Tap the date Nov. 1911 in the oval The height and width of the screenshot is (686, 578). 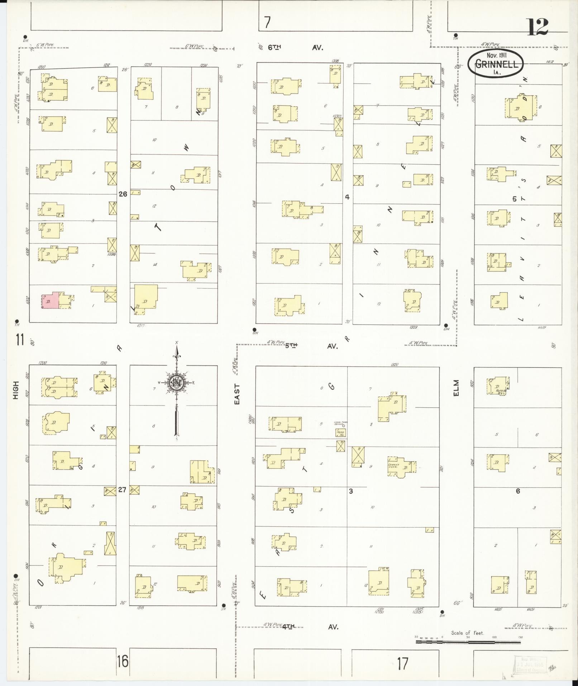pos(496,56)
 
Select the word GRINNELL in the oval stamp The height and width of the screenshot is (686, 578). pos(496,64)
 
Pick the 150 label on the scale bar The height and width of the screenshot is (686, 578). pos(520,637)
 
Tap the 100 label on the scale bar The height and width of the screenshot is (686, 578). pos(494,637)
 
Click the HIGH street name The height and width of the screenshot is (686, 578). pos(16,390)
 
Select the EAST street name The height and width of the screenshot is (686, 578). pos(237,394)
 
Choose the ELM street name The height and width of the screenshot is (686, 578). pos(456,388)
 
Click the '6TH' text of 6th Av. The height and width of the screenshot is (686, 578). pos(274,47)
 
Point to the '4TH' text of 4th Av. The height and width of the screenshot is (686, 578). pos(288,627)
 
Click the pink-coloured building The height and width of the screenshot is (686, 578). pos(51,300)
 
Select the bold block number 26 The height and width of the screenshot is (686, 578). pos(123,194)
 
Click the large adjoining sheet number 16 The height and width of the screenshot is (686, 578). pos(122,661)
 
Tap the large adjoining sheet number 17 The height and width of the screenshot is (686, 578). pos(402,664)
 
